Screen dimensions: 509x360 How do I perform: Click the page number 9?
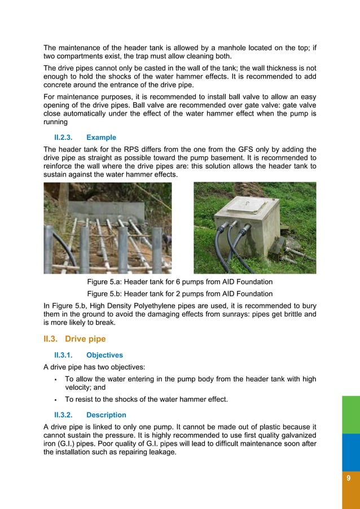coord(349,478)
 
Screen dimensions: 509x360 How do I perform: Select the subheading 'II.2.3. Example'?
coord(85,137)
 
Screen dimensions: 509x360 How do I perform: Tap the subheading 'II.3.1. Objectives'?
coord(89,355)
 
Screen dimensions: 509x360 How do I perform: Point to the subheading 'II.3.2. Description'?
coord(90,415)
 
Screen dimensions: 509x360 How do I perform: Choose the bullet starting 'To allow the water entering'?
coord(190,379)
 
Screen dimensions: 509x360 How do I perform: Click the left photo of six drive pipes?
coord(108,228)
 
